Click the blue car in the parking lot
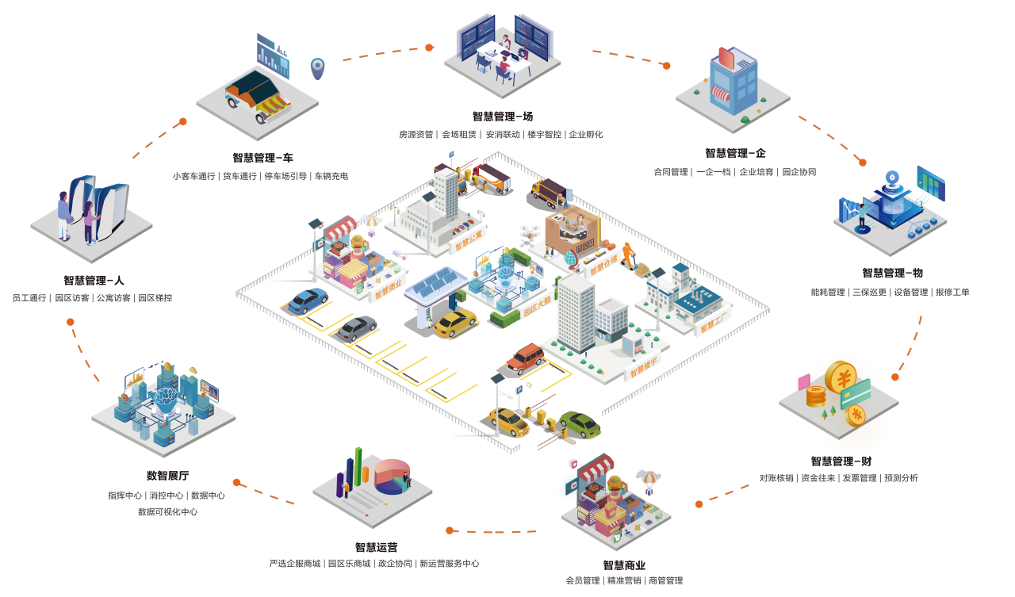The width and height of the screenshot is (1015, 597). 308,300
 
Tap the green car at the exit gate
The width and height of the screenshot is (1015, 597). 580,424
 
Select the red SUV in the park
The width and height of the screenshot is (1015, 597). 525,358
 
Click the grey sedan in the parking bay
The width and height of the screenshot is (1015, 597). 355,328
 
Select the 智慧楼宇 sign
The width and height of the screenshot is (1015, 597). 643,365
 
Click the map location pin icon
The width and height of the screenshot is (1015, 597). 317,67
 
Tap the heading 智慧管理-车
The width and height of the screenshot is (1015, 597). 262,158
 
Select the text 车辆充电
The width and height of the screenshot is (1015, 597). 331,176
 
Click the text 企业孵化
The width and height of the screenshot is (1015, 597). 587,135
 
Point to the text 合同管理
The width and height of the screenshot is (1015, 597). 671,172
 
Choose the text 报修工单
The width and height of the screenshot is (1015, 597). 952,292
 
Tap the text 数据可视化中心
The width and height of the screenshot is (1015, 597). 167,512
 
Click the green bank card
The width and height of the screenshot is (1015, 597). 856,392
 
